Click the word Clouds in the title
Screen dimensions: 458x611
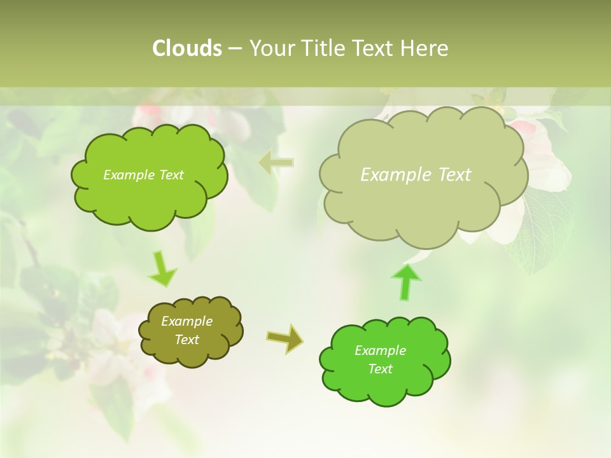coord(186,48)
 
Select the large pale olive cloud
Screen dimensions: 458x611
coord(420,210)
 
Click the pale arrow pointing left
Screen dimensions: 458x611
coord(276,163)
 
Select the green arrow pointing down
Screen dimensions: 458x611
coord(162,270)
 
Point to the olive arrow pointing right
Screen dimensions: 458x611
coord(285,339)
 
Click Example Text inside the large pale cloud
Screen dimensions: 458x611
coord(416,175)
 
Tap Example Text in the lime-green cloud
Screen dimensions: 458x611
coord(143,175)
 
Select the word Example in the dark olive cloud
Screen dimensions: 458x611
coord(186,321)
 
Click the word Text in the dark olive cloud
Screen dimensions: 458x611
coord(186,340)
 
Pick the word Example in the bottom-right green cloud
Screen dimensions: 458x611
coord(380,350)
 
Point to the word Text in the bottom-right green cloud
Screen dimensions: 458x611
coord(380,369)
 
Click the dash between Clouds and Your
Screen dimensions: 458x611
coord(235,48)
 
